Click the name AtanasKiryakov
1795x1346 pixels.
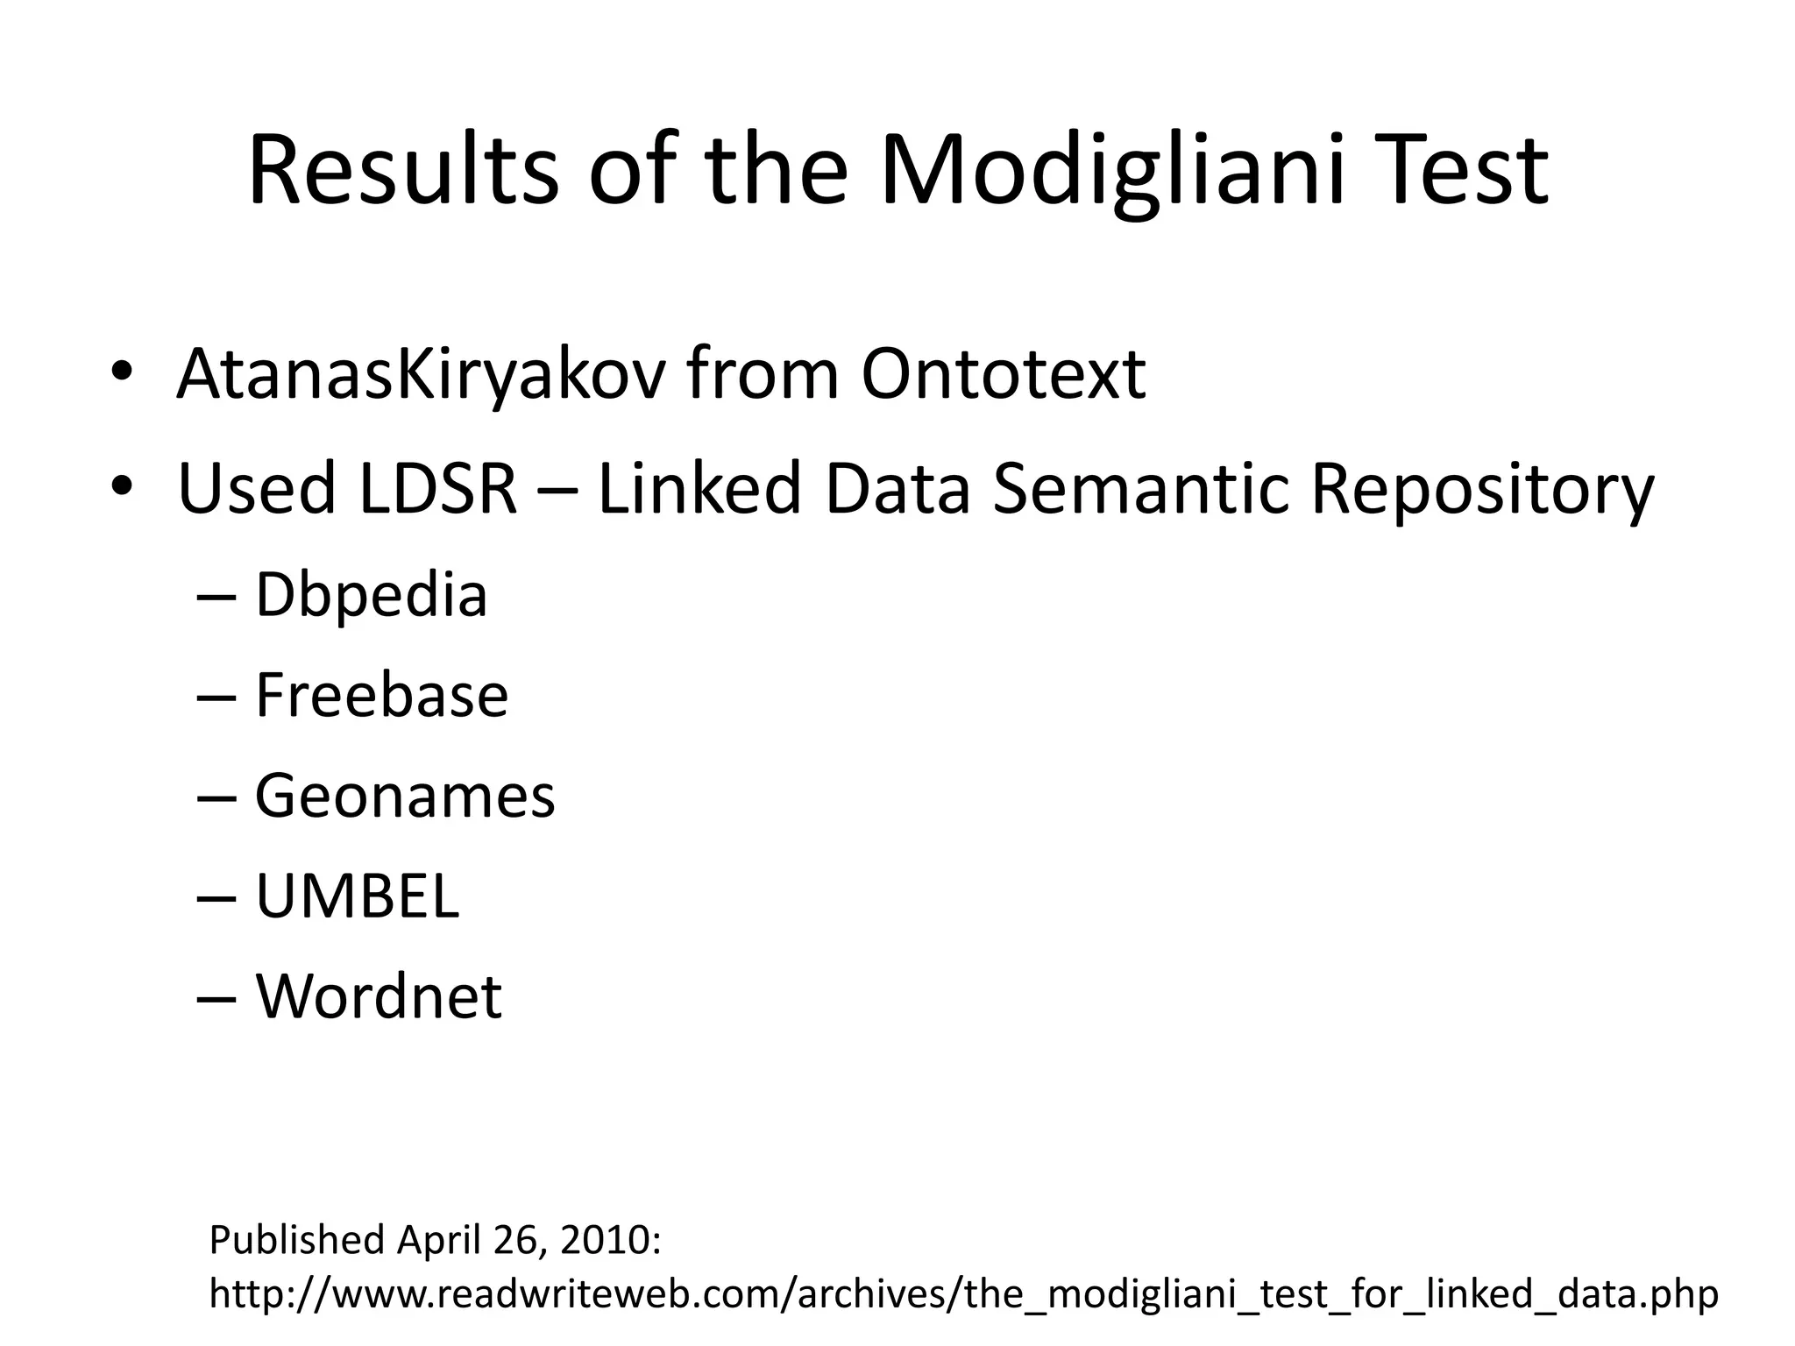click(x=421, y=375)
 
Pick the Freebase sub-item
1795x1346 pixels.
click(x=381, y=696)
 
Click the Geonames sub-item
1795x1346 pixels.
click(x=405, y=797)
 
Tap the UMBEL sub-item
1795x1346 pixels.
click(x=357, y=896)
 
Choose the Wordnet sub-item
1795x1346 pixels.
click(x=379, y=996)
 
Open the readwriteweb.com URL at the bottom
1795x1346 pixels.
click(x=963, y=1294)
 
